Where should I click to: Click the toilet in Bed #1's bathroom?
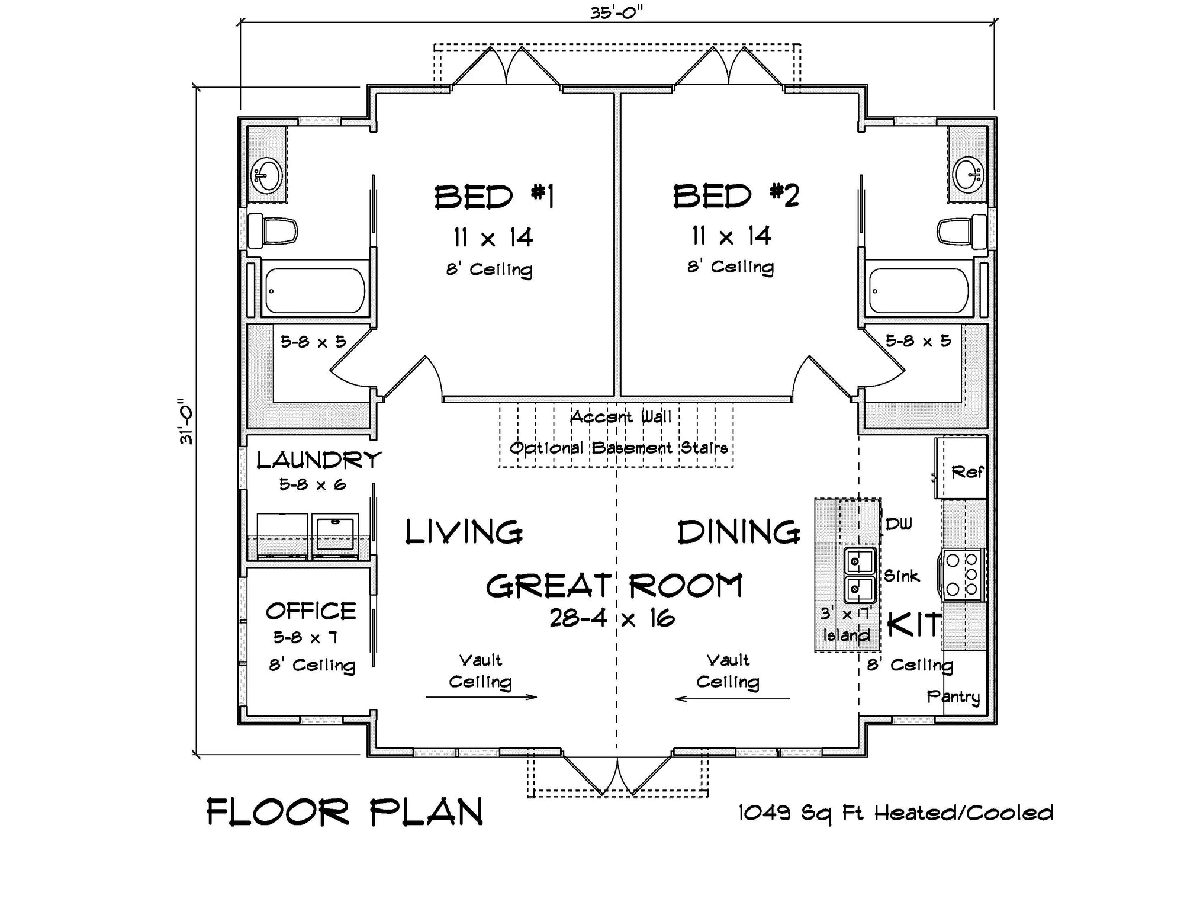coord(272,230)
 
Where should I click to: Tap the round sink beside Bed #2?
coord(969,174)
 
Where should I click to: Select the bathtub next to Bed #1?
coord(314,291)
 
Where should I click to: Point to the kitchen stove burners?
coord(963,574)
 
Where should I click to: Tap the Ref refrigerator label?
coord(966,472)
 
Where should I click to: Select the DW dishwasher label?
coord(899,524)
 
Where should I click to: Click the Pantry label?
coord(953,696)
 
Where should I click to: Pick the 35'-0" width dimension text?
coord(616,13)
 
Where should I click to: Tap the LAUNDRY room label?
coord(318,460)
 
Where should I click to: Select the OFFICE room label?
coord(311,611)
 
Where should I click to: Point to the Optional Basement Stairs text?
coord(619,448)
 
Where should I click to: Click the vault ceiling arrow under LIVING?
coord(481,696)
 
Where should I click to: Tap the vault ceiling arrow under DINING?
coord(732,699)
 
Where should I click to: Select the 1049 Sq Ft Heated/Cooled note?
coord(896,813)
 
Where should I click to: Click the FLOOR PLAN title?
coord(345,812)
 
